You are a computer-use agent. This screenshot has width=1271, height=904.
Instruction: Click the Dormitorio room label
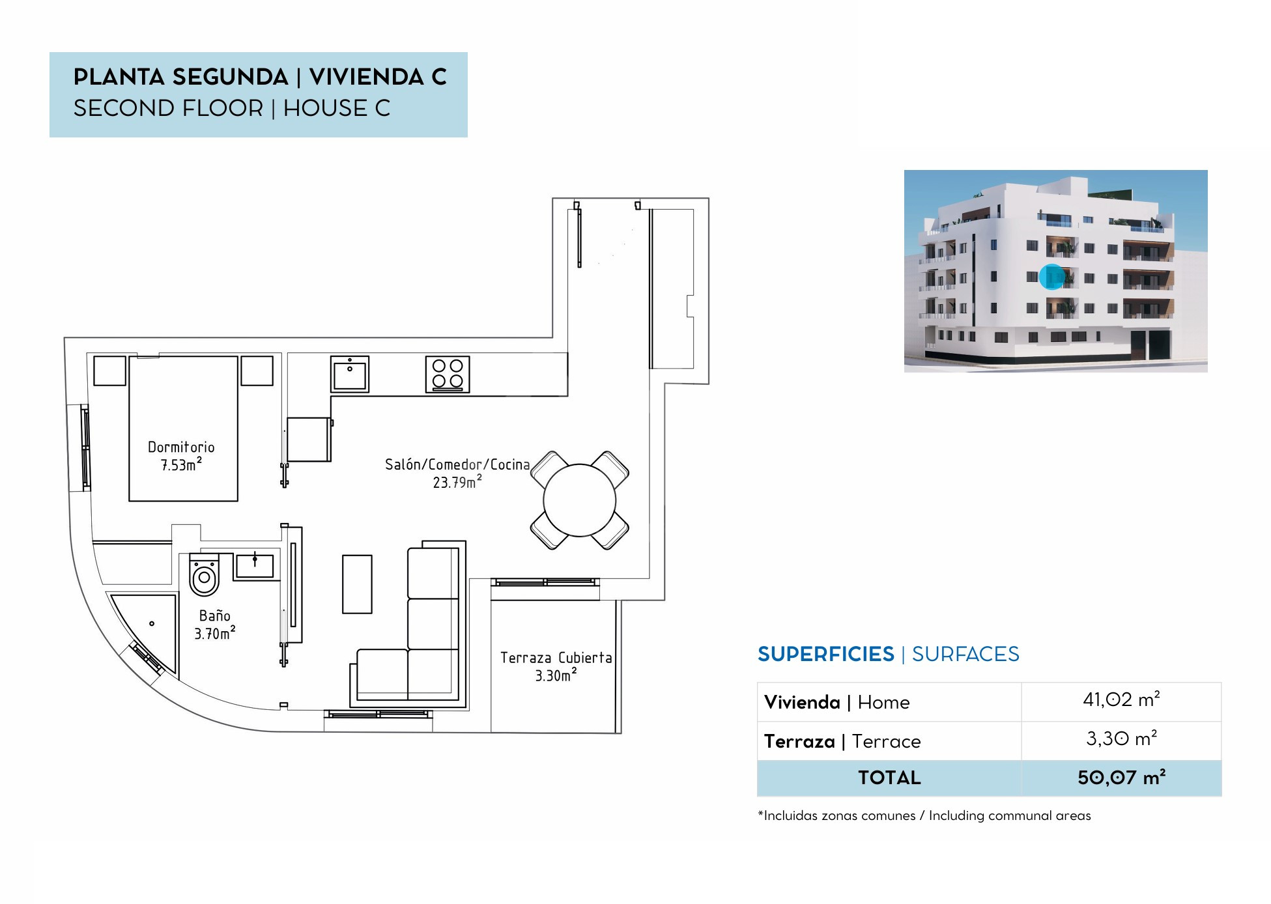click(181, 456)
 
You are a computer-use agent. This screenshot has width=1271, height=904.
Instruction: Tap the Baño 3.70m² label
click(214, 625)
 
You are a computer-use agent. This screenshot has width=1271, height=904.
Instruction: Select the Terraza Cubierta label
click(556, 666)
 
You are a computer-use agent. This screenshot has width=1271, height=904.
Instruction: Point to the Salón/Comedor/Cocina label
click(457, 473)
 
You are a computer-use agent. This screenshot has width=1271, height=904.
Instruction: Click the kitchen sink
click(350, 374)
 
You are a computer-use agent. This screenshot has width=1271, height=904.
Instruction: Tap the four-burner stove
click(448, 374)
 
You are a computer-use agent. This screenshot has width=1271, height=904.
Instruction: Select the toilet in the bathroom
click(204, 574)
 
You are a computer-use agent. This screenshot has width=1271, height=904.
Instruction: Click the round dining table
click(579, 500)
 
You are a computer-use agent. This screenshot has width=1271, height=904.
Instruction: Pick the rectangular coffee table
click(357, 584)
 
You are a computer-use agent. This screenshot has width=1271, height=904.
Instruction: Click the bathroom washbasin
click(254, 565)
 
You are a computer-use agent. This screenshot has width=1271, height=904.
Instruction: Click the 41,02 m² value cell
click(1121, 700)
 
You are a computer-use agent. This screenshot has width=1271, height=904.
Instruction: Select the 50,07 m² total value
click(1121, 778)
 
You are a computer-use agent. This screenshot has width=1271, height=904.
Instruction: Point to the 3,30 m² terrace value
click(1121, 739)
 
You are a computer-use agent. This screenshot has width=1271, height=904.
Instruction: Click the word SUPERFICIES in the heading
click(826, 654)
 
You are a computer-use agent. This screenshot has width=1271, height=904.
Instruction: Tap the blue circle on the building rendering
click(1051, 277)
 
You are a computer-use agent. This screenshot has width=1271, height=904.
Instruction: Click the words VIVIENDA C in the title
click(378, 77)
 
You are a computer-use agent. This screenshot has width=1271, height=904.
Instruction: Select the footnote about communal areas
click(924, 815)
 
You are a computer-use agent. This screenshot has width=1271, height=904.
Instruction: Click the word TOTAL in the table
click(889, 778)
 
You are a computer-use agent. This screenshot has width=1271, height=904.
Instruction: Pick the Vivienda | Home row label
click(836, 702)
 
